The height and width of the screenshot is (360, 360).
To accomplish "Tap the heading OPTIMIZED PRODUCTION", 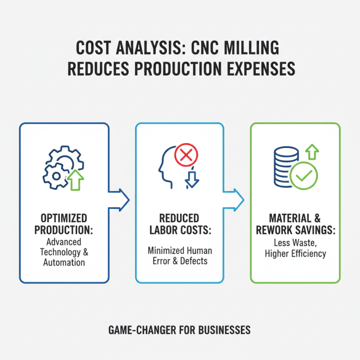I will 64,224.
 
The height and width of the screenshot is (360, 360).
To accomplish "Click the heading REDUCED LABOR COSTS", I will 179,224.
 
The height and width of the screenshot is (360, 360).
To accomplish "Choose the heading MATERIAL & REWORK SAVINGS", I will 295,224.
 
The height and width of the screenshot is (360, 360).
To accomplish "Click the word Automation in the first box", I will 63,262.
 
